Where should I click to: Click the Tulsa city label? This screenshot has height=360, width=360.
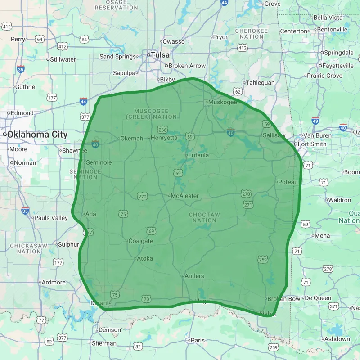tap(160, 55)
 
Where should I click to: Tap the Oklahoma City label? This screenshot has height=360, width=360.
tap(37, 135)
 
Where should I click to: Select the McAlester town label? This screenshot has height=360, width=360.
tap(184, 196)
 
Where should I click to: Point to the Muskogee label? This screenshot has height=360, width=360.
tap(222, 102)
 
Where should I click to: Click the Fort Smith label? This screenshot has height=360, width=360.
tap(312, 144)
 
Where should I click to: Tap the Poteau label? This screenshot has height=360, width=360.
tap(288, 182)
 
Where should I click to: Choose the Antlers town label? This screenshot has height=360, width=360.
tap(194, 276)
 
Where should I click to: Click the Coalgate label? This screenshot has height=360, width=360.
tap(141, 241)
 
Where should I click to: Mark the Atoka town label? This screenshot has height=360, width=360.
tap(144, 258)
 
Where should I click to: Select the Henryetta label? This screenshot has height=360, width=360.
tap(164, 138)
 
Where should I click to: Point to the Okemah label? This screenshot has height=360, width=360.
tap(131, 139)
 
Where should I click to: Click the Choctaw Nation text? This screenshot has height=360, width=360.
tap(205, 217)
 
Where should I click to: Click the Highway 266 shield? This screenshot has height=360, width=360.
tap(162, 130)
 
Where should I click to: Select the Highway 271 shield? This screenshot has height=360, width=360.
tap(248, 205)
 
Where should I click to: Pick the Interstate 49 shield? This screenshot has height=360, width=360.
tap(315, 121)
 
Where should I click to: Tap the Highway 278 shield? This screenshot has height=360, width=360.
tap(328, 269)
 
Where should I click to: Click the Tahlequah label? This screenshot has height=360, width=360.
tap(260, 83)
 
